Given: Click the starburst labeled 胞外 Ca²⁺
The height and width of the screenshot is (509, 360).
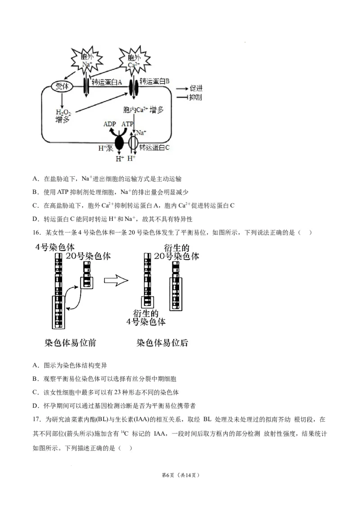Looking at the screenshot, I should click(x=134, y=61).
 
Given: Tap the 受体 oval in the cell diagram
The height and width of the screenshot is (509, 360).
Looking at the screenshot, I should click(x=62, y=87).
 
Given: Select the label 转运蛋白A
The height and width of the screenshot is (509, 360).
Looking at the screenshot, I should click(x=107, y=82).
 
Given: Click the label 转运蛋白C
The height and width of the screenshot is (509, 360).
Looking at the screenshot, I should click(x=154, y=147).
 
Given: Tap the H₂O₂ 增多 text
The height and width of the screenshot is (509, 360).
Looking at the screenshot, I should click(x=63, y=116).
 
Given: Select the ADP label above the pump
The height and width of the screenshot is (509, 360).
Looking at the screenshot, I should click(x=110, y=124).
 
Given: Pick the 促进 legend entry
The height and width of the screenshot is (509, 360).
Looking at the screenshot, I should click(x=196, y=89).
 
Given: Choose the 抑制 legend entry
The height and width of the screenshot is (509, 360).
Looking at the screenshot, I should click(x=196, y=98).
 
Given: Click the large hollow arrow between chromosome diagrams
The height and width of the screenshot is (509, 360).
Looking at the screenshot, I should click(x=116, y=281).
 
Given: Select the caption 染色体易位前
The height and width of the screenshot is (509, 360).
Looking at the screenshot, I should click(x=70, y=343).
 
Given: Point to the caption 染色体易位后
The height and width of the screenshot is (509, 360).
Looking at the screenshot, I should click(x=162, y=343).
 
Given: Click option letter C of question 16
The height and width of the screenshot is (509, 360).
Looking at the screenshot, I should click(x=36, y=392).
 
